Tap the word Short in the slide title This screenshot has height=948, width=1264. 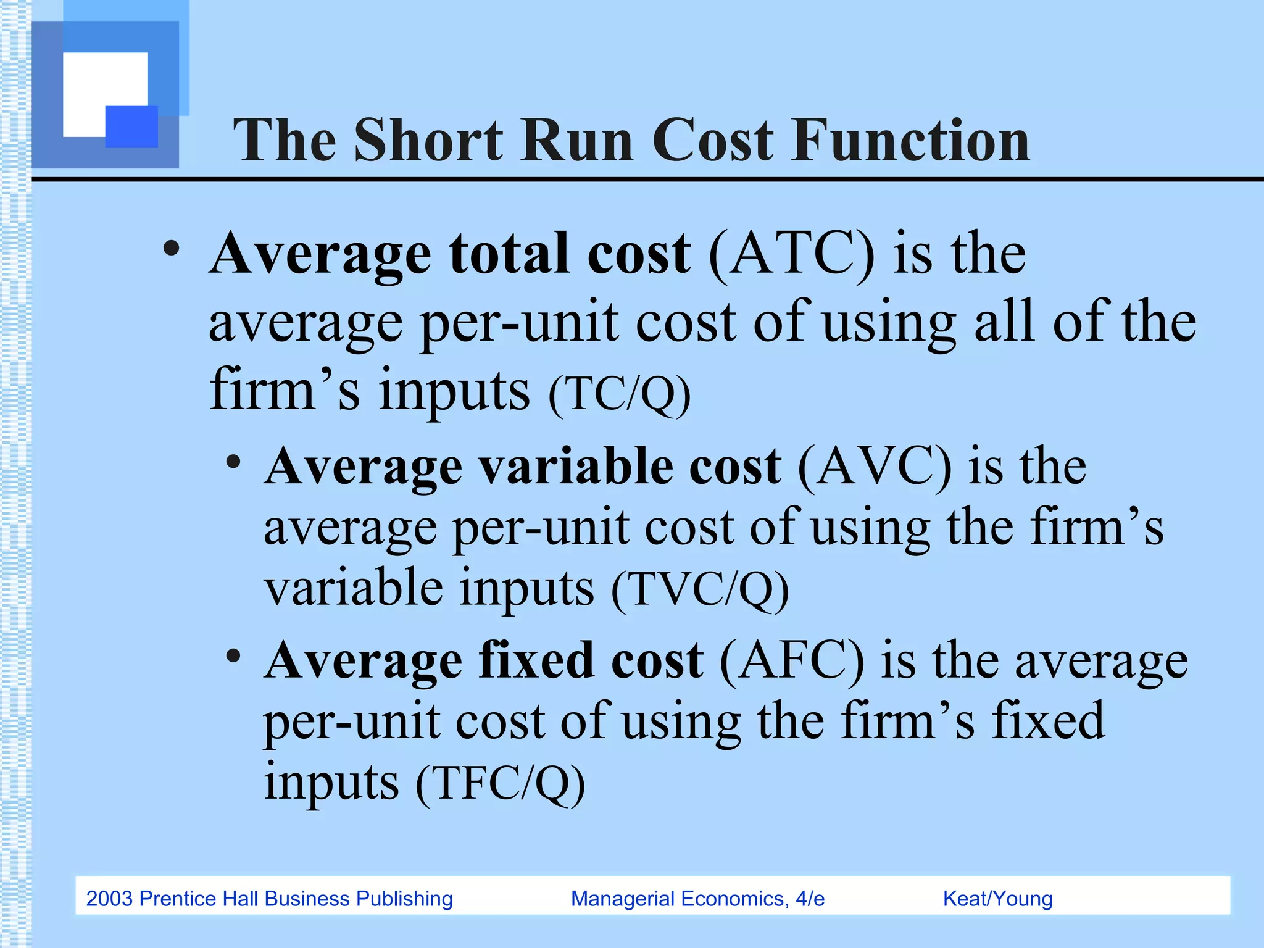[428, 141]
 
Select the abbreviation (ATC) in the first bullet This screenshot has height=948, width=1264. [792, 254]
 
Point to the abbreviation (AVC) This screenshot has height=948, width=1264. [875, 467]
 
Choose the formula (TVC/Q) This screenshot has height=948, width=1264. [700, 589]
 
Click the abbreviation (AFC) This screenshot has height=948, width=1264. [792, 661]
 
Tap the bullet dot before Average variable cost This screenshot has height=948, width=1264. [233, 462]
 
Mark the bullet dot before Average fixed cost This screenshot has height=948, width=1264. [233, 656]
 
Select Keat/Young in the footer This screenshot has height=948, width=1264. [997, 899]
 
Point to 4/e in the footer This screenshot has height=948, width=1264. [810, 899]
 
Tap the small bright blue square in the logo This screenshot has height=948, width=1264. [131, 126]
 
